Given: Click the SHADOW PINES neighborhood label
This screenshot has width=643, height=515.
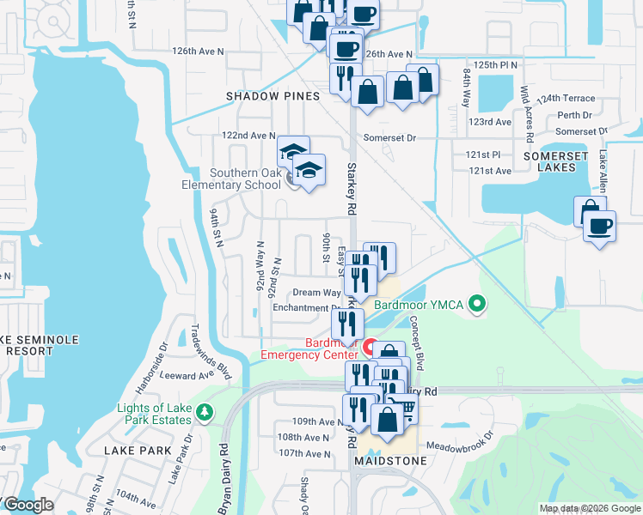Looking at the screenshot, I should [273, 96].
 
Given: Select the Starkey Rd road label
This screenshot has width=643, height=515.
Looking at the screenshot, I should [352, 189].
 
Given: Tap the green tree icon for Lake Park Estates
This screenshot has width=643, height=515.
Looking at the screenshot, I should [204, 415].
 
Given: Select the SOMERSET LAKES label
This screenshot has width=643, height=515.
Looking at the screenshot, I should [554, 162].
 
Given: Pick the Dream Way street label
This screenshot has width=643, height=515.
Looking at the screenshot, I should [313, 293].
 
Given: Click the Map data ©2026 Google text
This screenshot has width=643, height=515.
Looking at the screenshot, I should [590, 508].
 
